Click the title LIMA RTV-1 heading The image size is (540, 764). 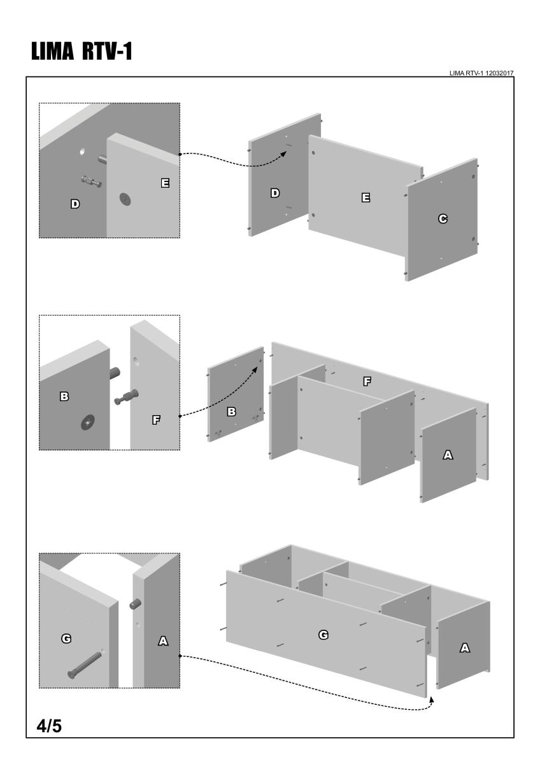[x=79, y=52]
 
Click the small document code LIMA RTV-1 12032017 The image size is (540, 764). [x=481, y=74]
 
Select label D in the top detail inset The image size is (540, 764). [x=75, y=204]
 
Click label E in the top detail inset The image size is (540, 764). [x=165, y=183]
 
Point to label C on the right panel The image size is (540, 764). [x=442, y=219]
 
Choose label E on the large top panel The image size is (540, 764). [x=366, y=198]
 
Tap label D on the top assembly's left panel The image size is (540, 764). [x=275, y=193]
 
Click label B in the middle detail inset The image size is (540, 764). [x=64, y=396]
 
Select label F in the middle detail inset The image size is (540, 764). [x=156, y=419]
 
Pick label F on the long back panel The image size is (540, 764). [x=367, y=381]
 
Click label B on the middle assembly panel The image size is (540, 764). [x=232, y=412]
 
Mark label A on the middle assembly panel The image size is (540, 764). [x=448, y=455]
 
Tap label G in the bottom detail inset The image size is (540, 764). [x=66, y=638]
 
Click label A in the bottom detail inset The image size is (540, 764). [x=162, y=642]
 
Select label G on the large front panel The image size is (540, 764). [x=323, y=634]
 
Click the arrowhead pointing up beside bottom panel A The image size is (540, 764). [x=432, y=698]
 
